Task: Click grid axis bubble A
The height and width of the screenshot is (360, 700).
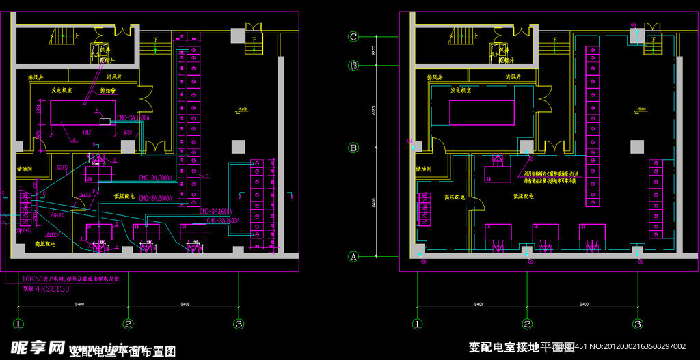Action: point(353,257)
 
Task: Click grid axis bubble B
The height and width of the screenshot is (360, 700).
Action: point(353,147)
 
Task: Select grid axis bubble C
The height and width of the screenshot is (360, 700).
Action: point(353,37)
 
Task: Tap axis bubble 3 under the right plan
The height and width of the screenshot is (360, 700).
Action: point(637,324)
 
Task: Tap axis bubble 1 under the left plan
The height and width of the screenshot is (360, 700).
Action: point(18,324)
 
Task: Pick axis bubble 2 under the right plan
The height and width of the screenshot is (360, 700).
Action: point(527,324)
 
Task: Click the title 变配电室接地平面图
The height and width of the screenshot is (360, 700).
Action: point(521,347)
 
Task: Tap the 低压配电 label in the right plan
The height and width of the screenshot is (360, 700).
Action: point(523,196)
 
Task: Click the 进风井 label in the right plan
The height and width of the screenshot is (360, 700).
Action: point(513,77)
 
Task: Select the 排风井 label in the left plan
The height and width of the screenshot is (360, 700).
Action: point(36,77)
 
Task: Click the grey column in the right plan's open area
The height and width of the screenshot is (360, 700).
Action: point(637,146)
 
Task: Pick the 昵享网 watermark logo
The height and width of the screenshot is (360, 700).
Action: point(38,347)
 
